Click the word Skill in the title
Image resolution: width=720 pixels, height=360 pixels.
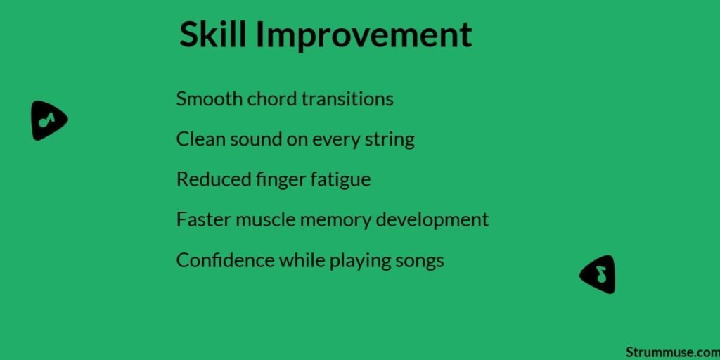212,35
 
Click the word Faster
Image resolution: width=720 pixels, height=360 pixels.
199,219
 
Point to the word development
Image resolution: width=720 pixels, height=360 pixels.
432,219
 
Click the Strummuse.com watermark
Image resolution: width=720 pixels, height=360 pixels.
671,352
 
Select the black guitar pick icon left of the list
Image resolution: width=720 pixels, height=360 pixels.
48,120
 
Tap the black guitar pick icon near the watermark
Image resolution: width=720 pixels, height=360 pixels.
599,274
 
